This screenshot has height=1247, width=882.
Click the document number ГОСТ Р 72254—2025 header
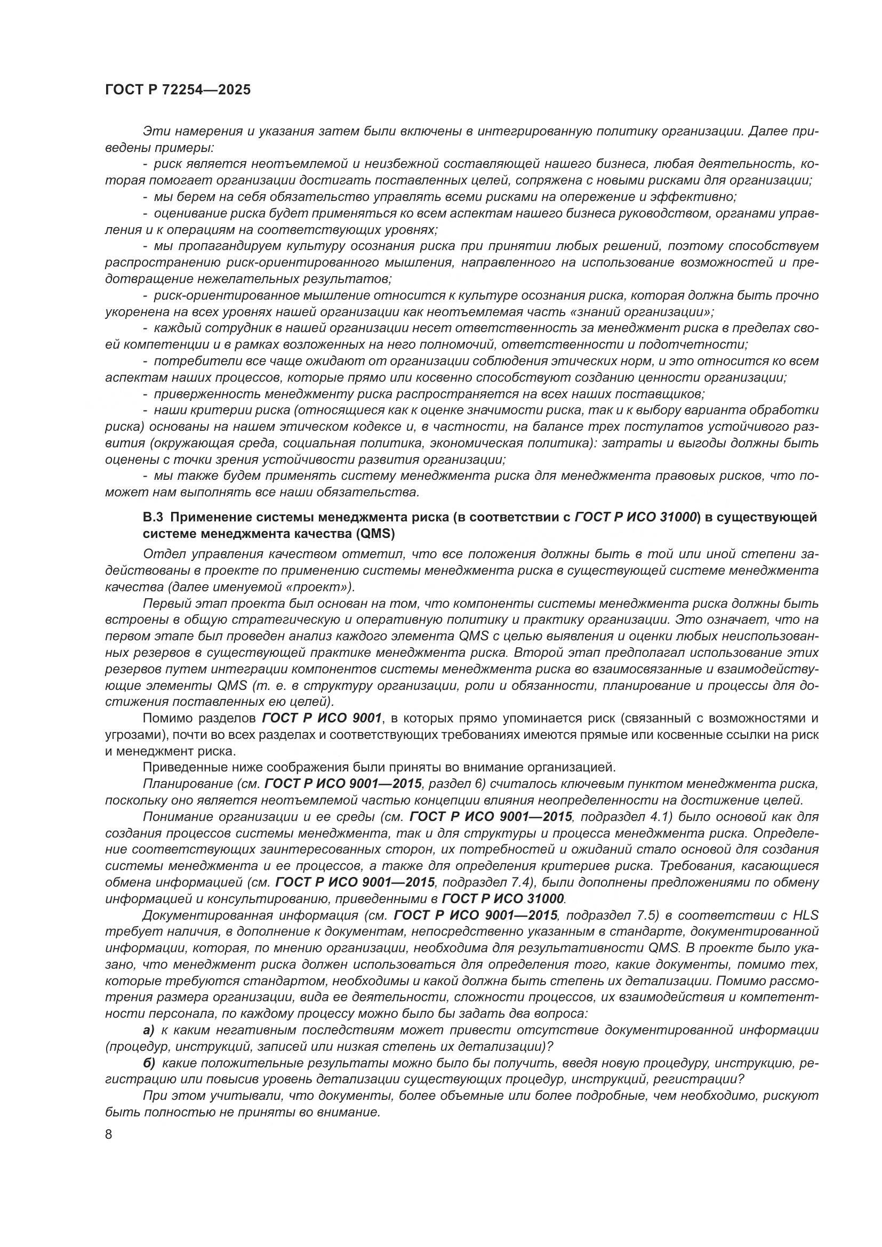pos(178,90)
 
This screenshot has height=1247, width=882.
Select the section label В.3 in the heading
pos(154,517)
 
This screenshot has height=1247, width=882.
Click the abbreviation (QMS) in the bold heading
pos(375,534)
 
